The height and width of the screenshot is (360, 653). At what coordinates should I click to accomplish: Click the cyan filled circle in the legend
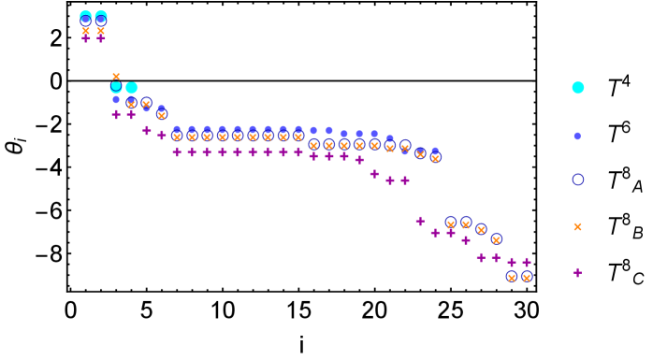point(578,88)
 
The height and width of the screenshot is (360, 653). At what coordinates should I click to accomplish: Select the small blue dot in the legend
point(577,136)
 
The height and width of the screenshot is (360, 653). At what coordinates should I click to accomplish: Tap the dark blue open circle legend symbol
point(578,180)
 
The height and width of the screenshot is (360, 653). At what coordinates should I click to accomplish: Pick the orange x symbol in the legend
point(577,226)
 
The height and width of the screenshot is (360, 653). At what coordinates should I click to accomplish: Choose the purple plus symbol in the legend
point(577,272)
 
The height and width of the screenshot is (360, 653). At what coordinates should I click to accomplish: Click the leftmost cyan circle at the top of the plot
point(86,16)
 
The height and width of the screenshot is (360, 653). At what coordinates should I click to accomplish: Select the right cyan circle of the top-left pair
point(101,16)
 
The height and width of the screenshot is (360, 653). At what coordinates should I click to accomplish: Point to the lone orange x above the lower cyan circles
point(116,76)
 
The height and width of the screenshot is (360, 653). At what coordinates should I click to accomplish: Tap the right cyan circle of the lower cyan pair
point(132,88)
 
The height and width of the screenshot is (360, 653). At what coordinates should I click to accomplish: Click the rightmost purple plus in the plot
point(527,262)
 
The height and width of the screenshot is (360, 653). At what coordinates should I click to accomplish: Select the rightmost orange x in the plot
point(526,277)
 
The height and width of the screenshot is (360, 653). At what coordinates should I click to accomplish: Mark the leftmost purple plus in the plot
point(86,38)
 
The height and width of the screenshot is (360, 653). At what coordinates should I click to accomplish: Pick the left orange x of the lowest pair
point(511,277)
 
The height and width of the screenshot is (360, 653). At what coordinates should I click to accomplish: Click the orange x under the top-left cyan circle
point(86,31)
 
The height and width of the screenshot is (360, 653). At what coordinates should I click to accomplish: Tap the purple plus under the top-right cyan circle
point(101,38)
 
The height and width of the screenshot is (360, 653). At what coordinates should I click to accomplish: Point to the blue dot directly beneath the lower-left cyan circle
point(116,99)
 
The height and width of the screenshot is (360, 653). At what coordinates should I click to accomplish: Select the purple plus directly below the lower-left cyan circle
point(116,114)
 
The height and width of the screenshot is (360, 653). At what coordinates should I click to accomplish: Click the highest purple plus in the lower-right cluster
point(420,221)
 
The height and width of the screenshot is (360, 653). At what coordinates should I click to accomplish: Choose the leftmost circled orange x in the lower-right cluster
point(450,223)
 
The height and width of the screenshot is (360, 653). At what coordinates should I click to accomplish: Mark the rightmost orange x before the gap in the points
point(435,158)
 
